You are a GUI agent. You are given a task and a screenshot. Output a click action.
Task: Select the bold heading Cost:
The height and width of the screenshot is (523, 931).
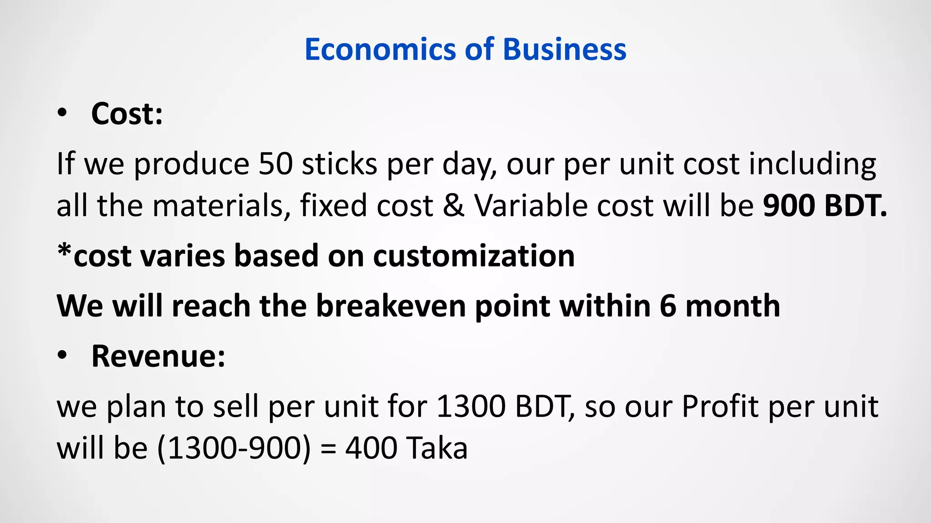pyautogui.click(x=127, y=113)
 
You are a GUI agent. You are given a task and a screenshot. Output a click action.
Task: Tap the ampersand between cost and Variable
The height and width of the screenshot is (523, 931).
pyautogui.click(x=454, y=206)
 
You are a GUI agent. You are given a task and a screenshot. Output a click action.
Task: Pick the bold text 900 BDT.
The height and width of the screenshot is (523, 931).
pyautogui.click(x=825, y=206)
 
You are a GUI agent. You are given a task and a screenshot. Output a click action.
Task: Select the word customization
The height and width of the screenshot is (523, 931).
pyautogui.click(x=474, y=256)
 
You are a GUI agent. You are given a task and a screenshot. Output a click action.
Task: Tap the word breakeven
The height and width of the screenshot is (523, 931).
pyautogui.click(x=391, y=306)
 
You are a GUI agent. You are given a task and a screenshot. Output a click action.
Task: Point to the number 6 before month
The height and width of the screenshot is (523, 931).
pyautogui.click(x=668, y=306)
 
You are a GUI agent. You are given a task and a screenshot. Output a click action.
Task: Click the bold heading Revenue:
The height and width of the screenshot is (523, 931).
pyautogui.click(x=158, y=356)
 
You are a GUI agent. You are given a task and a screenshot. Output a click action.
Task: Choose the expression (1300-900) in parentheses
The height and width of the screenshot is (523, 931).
pyautogui.click(x=234, y=448)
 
